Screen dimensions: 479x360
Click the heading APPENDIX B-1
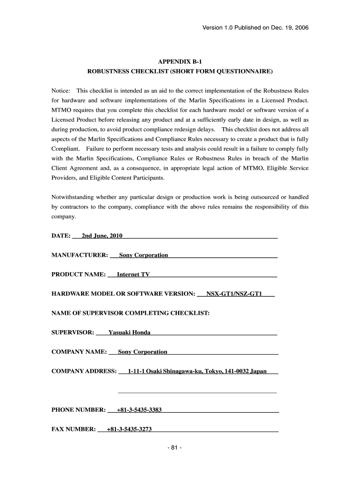click(x=180, y=61)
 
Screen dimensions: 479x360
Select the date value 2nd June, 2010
click(x=102, y=236)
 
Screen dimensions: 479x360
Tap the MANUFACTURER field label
click(x=79, y=255)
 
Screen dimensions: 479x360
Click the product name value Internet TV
click(x=133, y=275)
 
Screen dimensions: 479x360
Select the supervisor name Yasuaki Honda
click(x=130, y=333)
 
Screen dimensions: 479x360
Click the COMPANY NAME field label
click(x=79, y=352)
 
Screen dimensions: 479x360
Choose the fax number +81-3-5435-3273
click(x=129, y=429)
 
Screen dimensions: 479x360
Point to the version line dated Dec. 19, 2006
click(x=255, y=28)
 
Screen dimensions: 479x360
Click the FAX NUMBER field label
click(x=73, y=429)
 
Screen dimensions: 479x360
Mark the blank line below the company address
click(x=197, y=392)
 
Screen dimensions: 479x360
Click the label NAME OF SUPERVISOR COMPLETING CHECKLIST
click(x=130, y=313)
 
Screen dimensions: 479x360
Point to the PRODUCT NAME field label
click(x=78, y=275)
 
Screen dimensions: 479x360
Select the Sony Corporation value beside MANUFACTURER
click(x=144, y=255)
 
